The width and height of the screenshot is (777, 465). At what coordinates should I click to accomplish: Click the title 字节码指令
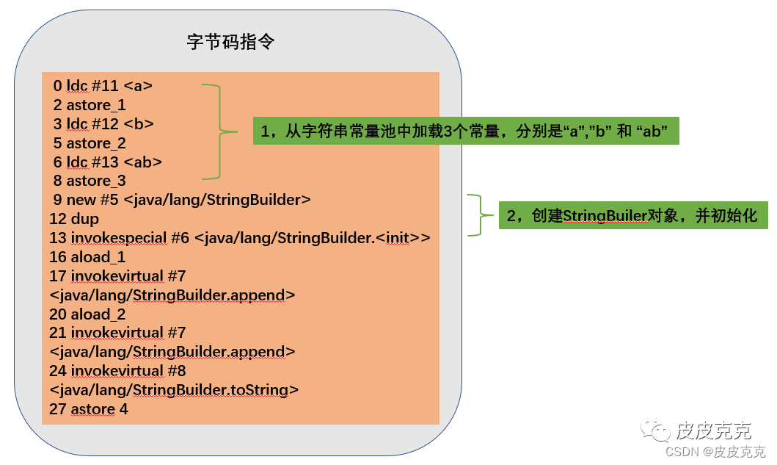click(x=231, y=41)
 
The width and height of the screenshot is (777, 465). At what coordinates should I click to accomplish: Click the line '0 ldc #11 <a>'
click(x=103, y=86)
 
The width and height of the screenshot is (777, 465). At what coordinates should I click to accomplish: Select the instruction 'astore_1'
click(x=96, y=105)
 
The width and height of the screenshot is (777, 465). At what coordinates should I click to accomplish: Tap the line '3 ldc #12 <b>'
click(x=103, y=123)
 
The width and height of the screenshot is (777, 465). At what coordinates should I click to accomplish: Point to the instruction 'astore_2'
click(x=96, y=143)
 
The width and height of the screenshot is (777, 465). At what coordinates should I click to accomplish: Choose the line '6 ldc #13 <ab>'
click(x=107, y=162)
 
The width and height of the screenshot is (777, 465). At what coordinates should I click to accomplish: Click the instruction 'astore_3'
click(x=96, y=181)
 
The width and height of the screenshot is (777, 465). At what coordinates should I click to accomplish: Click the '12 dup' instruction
click(x=74, y=219)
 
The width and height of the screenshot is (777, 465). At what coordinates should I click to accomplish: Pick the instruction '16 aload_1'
click(x=87, y=257)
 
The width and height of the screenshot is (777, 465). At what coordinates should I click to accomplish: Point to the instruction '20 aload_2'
click(x=87, y=314)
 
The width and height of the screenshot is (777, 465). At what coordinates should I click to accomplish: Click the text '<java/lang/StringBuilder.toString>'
click(x=174, y=389)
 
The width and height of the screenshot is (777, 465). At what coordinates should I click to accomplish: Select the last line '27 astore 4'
click(x=89, y=409)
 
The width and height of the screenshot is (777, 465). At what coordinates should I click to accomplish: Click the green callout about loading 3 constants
click(x=466, y=131)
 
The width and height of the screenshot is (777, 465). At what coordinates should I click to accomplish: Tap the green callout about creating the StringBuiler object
click(x=633, y=215)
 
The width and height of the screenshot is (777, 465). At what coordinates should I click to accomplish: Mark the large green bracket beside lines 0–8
click(x=217, y=132)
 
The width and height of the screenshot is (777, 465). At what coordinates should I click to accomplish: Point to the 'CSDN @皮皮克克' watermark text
click(x=715, y=452)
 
